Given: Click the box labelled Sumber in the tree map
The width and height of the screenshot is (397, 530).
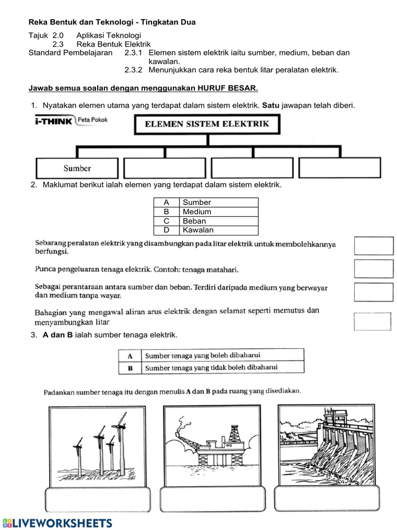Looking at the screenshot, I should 77,168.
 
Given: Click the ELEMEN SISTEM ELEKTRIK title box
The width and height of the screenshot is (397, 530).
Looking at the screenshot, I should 207,124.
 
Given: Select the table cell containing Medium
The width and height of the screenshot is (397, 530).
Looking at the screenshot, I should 218,212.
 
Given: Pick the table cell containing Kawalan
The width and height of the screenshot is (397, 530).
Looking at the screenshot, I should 218,230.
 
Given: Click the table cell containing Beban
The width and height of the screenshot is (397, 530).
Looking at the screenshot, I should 218,221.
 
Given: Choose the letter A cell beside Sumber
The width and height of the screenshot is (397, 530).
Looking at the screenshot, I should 166,202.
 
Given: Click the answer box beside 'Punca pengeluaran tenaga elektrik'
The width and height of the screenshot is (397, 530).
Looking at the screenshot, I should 373,269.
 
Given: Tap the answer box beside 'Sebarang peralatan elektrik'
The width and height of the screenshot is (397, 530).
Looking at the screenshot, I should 373,246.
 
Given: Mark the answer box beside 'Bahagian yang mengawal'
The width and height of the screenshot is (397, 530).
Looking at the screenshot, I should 373,321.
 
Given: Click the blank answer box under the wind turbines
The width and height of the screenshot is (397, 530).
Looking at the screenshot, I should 98,499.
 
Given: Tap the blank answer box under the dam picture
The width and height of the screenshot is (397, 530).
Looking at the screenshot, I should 328,499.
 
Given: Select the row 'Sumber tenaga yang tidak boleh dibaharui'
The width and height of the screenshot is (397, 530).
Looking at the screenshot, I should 211,367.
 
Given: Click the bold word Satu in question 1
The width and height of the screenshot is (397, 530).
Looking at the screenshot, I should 271,105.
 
